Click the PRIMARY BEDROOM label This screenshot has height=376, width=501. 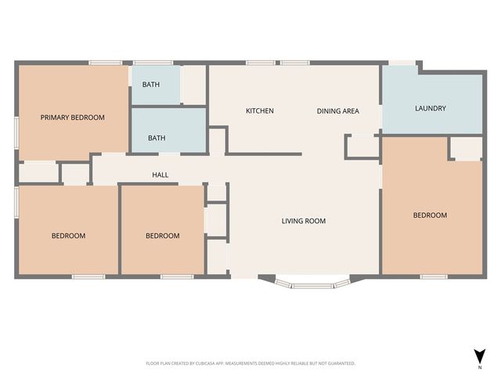tap(72, 117)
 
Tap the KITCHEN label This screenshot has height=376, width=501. tap(259, 111)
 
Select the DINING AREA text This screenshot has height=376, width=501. tap(337, 111)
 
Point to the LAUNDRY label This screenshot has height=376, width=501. tap(430, 108)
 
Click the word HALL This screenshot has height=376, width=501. tap(160, 175)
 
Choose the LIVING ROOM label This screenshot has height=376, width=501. tap(303, 221)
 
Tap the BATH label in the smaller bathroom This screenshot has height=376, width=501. tap(150, 85)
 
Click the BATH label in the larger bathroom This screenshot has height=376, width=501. tap(157, 139)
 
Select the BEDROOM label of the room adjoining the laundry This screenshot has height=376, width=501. tap(430, 215)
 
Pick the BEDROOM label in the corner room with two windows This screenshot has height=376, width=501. tap(68, 236)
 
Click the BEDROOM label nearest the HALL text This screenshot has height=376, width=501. tap(162, 236)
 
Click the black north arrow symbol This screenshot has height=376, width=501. tap(479, 355)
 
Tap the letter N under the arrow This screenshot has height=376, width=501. tap(479, 367)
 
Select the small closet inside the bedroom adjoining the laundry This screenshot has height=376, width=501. tap(466, 149)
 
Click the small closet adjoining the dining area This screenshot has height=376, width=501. tap(361, 146)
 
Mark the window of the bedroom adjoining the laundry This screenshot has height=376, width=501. tap(433, 277)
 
